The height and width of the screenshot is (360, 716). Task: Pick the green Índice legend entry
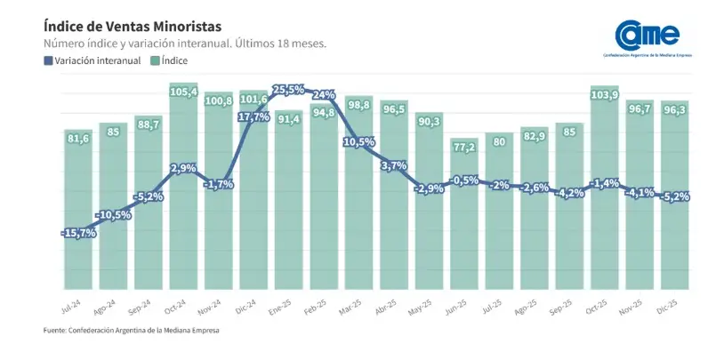169,60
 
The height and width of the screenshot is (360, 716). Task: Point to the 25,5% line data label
288,90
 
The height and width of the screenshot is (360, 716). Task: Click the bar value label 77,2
463,147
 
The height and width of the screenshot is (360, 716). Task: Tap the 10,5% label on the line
359,142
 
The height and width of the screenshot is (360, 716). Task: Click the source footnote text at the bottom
131,331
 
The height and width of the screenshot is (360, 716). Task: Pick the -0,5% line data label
463,180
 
